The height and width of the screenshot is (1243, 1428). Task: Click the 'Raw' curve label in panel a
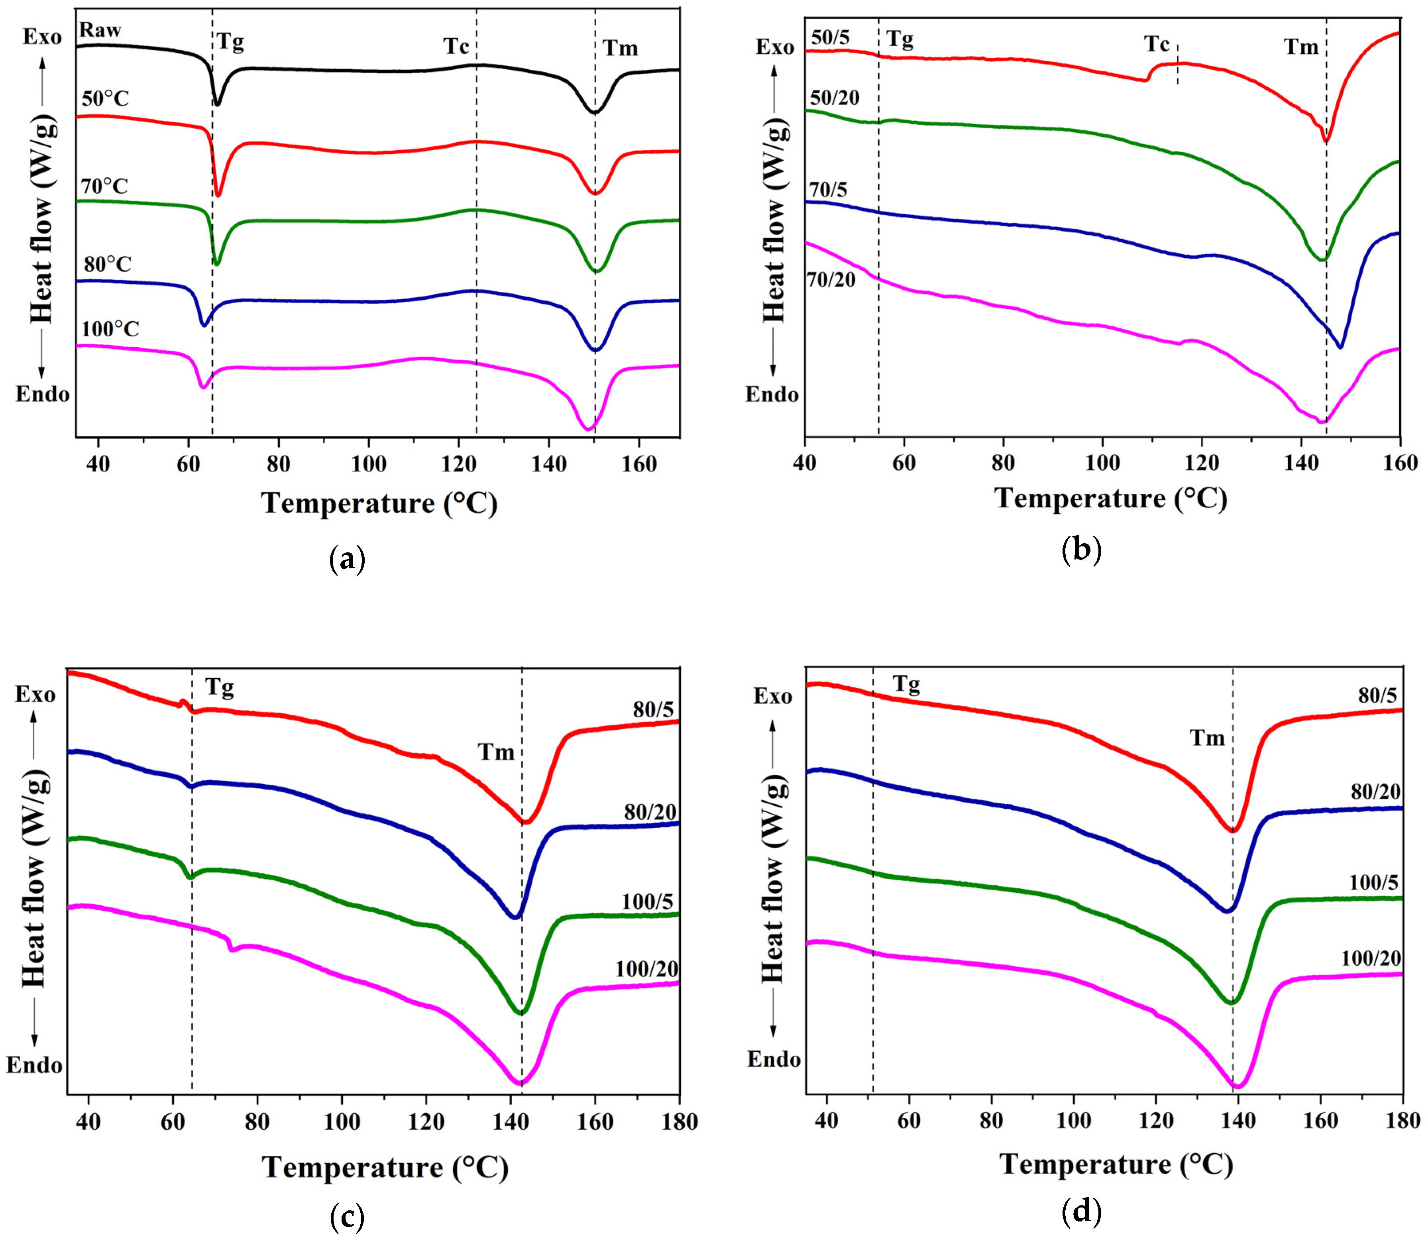point(100,30)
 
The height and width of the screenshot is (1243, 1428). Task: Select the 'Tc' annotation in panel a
point(456,47)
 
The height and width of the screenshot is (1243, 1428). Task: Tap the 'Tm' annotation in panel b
point(1300,47)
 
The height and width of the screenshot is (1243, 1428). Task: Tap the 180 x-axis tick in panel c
point(678,1121)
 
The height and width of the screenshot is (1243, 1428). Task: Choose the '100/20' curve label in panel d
point(1371,958)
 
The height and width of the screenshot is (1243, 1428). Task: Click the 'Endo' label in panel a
point(43,394)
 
